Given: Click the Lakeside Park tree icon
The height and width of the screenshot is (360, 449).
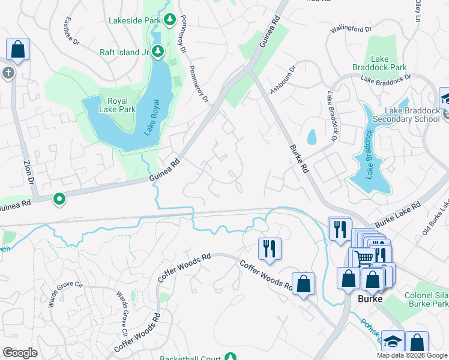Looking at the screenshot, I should coord(170,20).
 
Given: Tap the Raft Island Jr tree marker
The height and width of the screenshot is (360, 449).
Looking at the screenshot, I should coord(158,51).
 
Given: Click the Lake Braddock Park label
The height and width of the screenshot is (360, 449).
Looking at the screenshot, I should coord(388,63).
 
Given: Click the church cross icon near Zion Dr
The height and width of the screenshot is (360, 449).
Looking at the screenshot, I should coord(8,73).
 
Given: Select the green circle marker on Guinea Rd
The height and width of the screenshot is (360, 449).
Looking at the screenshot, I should coord(59,199).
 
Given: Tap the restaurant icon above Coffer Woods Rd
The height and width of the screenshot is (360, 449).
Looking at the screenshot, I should coord(270,247).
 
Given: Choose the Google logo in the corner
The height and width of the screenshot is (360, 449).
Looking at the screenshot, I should coord(20,353).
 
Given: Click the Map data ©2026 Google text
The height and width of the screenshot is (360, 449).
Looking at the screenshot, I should coord(412,355).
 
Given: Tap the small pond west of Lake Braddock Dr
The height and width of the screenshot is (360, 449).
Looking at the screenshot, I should coord(312,137).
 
